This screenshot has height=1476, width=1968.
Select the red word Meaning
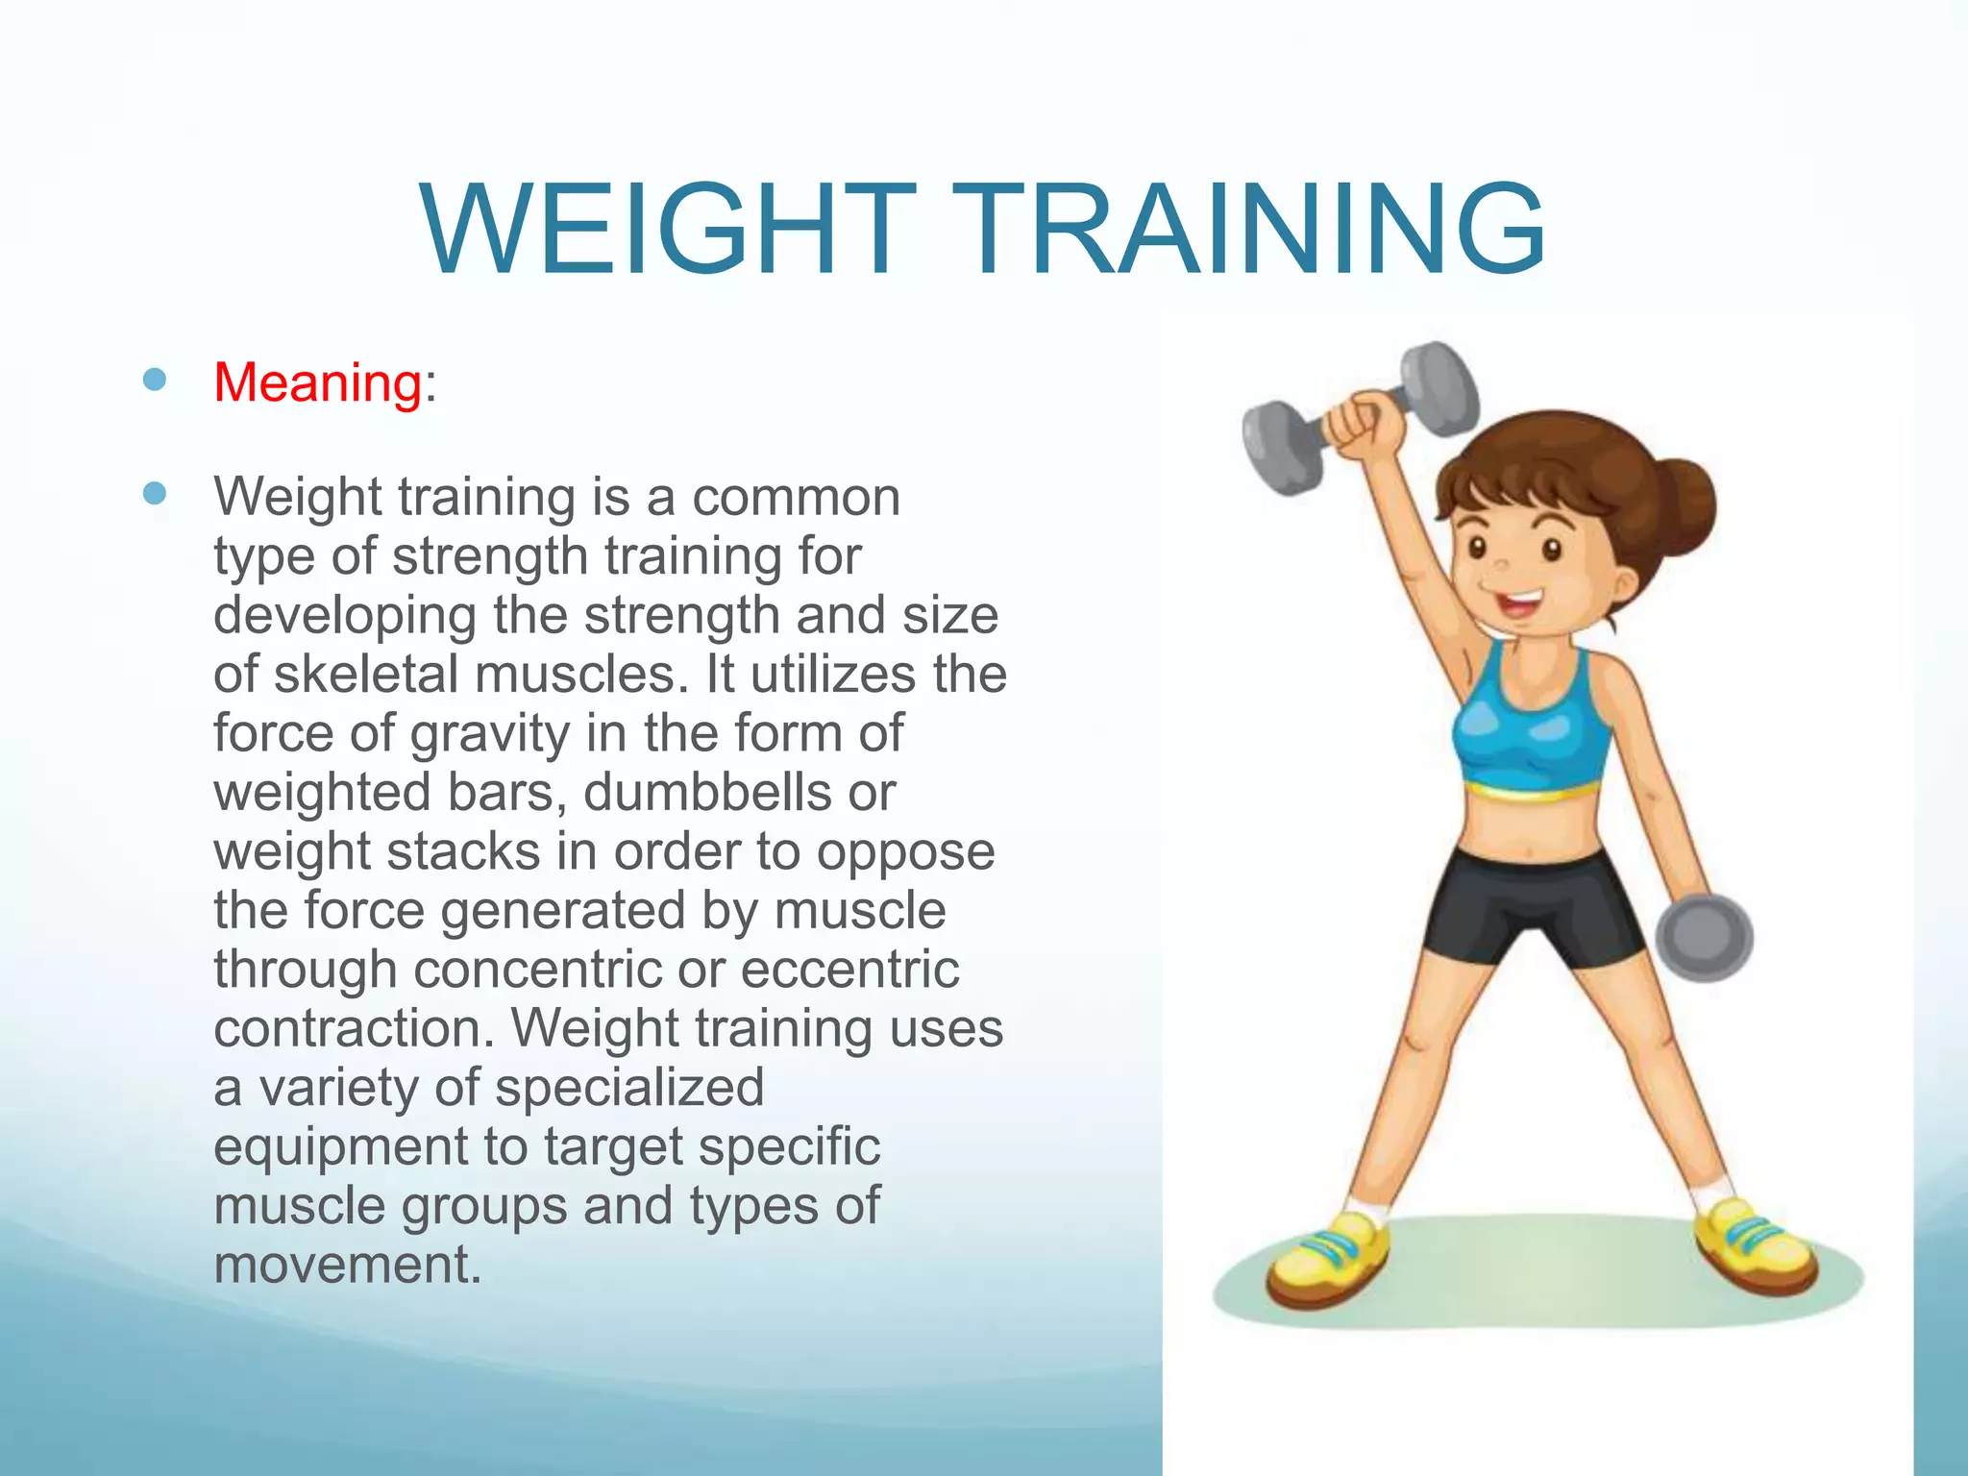[x=317, y=383]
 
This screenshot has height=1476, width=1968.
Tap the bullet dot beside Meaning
[x=154, y=380]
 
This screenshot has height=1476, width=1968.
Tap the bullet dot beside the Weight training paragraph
[x=154, y=494]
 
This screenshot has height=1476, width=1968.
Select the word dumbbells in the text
[x=707, y=793]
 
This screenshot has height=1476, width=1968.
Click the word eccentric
[x=849, y=970]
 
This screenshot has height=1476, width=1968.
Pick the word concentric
[x=537, y=970]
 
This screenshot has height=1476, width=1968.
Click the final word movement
[x=346, y=1265]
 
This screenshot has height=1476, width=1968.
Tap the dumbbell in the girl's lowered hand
[x=1704, y=938]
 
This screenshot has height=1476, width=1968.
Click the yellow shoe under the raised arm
[x=1330, y=1259]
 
